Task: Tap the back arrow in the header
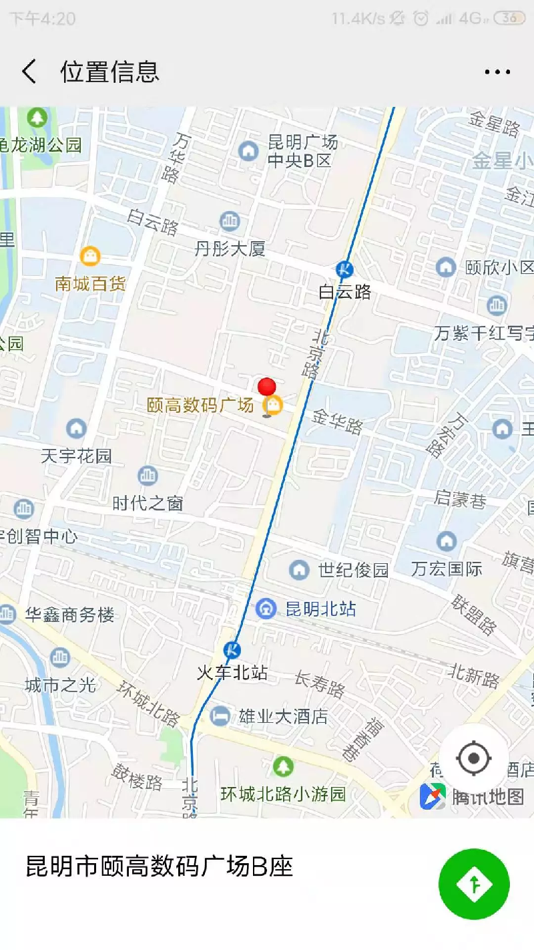click(29, 71)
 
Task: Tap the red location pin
click(266, 388)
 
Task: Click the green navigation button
click(474, 884)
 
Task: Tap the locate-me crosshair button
click(474, 758)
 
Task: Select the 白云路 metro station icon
click(344, 269)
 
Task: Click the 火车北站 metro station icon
click(232, 649)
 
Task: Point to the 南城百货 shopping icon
click(89, 256)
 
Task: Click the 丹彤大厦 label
click(230, 249)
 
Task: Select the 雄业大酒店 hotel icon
click(219, 716)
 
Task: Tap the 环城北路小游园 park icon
click(283, 766)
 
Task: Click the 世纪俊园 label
click(353, 570)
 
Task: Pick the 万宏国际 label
click(447, 569)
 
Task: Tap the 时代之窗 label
click(148, 503)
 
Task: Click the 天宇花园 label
click(76, 456)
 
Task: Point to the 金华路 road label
click(338, 422)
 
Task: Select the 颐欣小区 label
click(499, 267)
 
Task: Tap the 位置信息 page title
click(110, 71)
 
